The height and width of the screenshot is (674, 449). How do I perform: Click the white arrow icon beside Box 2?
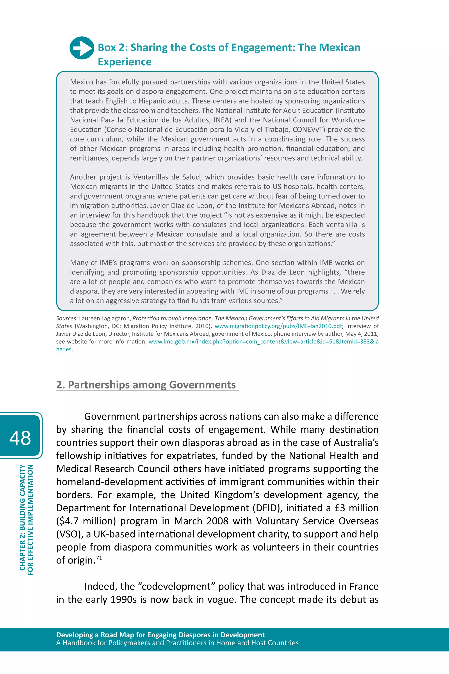(x=82, y=48)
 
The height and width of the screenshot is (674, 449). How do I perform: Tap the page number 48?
(x=20, y=438)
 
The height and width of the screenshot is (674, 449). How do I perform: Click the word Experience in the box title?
(x=125, y=62)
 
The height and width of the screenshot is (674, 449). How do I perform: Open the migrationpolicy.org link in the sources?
(x=278, y=326)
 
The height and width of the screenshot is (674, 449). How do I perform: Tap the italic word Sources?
(x=67, y=318)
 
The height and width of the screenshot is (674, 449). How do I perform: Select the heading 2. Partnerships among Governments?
(x=146, y=385)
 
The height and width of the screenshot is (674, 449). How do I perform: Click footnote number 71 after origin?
(x=99, y=558)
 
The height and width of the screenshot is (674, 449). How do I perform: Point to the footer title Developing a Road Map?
(x=160, y=635)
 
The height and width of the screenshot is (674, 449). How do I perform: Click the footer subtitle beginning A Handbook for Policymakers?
(x=177, y=643)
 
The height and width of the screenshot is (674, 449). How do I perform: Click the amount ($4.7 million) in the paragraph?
(x=86, y=521)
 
